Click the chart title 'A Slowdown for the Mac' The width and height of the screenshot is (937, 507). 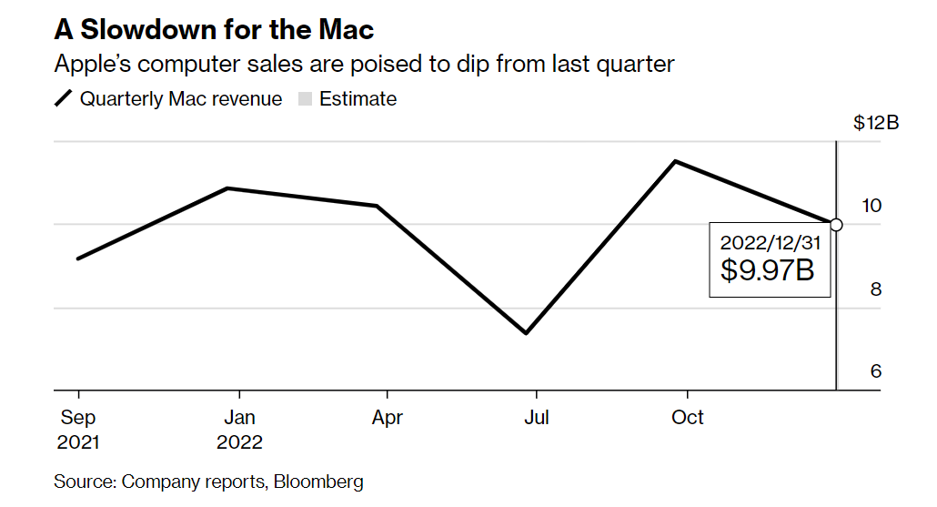pyautogui.click(x=214, y=29)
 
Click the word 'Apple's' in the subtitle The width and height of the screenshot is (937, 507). pyautogui.click(x=92, y=65)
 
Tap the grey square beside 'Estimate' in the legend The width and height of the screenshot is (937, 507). pyautogui.click(x=304, y=99)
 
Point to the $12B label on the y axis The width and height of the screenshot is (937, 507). pyautogui.click(x=876, y=123)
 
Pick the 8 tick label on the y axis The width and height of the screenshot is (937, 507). pyautogui.click(x=876, y=289)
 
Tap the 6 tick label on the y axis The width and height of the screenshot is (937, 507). pyautogui.click(x=876, y=371)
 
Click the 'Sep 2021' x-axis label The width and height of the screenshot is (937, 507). pyautogui.click(x=78, y=430)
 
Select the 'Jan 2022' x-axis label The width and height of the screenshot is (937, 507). pyautogui.click(x=239, y=430)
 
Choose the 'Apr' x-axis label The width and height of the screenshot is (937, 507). pyautogui.click(x=388, y=418)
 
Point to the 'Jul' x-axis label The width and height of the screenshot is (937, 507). pyautogui.click(x=537, y=418)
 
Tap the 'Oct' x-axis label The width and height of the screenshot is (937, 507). pyautogui.click(x=688, y=418)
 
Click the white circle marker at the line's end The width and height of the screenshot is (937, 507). pyautogui.click(x=837, y=225)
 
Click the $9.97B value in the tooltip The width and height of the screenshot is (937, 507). pyautogui.click(x=767, y=270)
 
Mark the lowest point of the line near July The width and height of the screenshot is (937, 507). pyautogui.click(x=526, y=333)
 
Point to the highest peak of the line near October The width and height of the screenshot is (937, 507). pyautogui.click(x=674, y=161)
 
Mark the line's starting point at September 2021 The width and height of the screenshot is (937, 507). pyautogui.click(x=78, y=259)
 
